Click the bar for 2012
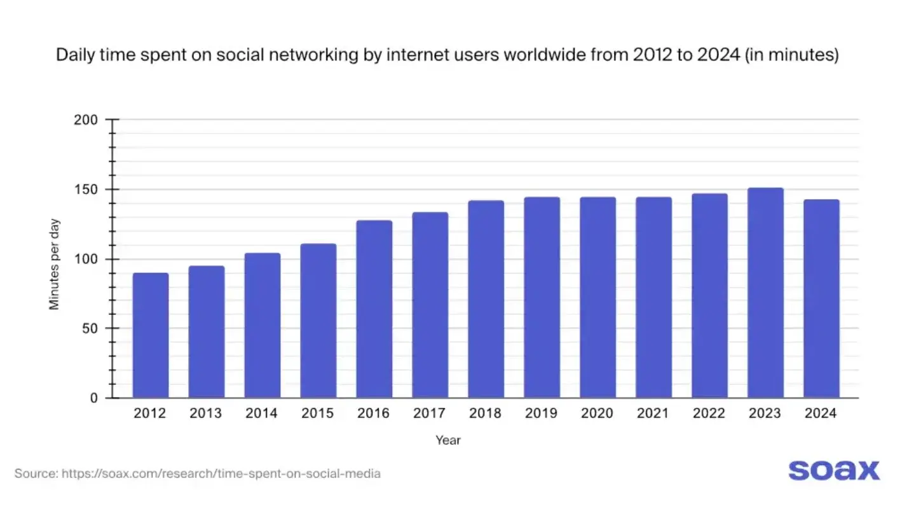coord(151,335)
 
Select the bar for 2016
coord(374,309)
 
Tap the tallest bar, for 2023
coord(765,293)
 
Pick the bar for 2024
coord(821,298)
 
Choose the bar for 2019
coord(542,297)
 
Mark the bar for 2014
coord(263,325)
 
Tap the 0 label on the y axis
coord(95,398)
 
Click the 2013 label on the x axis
coord(206,414)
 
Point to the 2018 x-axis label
coord(486,414)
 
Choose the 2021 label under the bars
coord(653,414)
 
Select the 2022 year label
coord(709,414)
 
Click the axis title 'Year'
coord(448,440)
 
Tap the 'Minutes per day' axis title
coord(55,264)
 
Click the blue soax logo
coord(834,470)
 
